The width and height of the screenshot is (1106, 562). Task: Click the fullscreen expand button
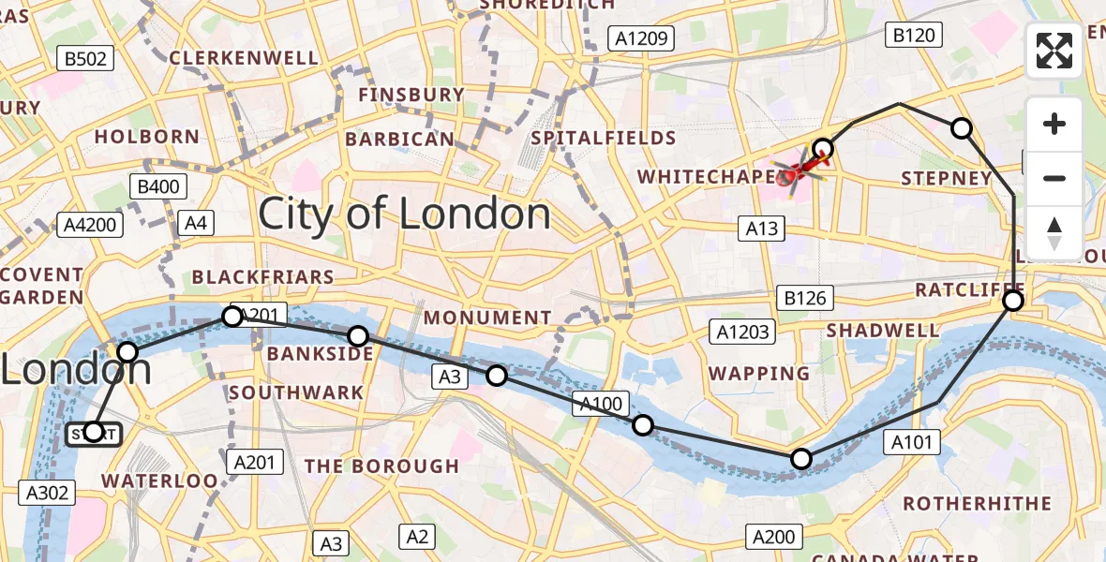1054,51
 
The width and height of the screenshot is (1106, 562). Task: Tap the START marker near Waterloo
93,433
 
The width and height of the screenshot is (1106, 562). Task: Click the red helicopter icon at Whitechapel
794,172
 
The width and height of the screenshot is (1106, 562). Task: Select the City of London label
404,214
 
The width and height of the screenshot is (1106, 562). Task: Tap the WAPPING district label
759,374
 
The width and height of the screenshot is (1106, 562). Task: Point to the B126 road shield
805,299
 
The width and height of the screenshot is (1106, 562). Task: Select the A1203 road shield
742,332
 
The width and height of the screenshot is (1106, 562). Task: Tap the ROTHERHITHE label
977,504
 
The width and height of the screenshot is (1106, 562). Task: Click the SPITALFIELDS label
603,139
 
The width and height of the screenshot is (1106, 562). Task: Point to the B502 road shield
85,59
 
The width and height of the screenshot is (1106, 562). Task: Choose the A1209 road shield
641,38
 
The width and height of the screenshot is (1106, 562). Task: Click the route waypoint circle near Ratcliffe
1013,301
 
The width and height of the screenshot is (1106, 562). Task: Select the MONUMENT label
487,318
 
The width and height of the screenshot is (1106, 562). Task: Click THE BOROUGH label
381,466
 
